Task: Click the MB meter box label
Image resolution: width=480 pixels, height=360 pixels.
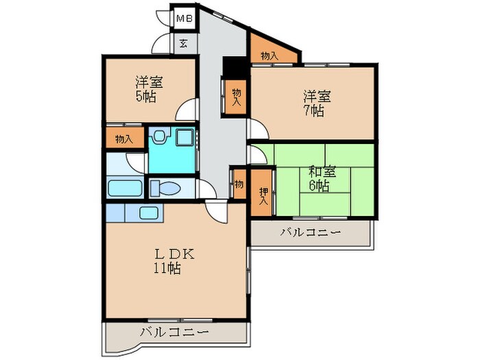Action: pos(184,19)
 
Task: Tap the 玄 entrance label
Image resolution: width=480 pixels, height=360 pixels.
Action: pos(184,44)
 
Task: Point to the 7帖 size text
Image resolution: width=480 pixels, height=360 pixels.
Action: pos(314,110)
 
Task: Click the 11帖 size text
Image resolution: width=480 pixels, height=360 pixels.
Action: pos(167,269)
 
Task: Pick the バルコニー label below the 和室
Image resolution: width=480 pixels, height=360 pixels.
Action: pos(310,232)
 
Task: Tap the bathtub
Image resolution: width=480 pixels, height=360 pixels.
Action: pos(126,188)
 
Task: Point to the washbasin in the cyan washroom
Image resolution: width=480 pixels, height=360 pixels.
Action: pos(157,137)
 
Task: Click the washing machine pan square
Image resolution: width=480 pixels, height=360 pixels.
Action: pos(184,137)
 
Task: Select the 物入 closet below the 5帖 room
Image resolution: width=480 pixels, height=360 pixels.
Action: pos(124,139)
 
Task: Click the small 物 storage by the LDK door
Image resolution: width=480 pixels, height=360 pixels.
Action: pos(239,184)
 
